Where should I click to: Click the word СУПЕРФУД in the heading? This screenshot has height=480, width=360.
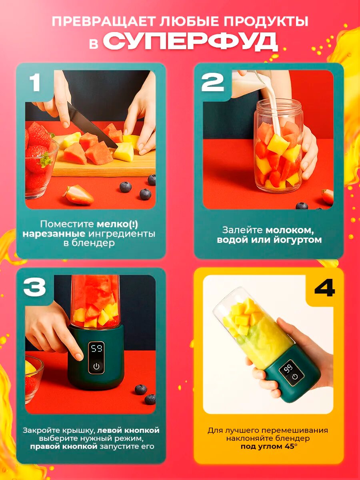(190, 42)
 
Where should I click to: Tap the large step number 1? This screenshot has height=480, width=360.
(35, 82)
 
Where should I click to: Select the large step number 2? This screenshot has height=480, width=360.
(212, 82)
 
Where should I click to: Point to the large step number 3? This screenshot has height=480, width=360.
(34, 287)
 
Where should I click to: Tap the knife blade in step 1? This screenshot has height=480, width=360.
(92, 125)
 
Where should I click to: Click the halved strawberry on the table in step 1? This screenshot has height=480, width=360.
(79, 194)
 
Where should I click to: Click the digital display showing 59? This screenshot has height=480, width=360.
(97, 348)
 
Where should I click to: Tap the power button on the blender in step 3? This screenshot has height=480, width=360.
(96, 366)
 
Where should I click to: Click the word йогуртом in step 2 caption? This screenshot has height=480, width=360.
(298, 240)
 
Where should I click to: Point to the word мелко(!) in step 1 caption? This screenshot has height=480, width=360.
(117, 224)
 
